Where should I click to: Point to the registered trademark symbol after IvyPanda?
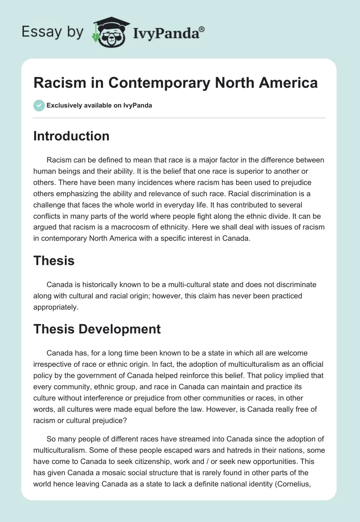(202, 28)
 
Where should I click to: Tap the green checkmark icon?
(39, 105)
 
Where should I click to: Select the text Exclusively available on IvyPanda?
(99, 105)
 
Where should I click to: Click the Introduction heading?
(71, 136)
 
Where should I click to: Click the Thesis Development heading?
(97, 329)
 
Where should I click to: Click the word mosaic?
(124, 472)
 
